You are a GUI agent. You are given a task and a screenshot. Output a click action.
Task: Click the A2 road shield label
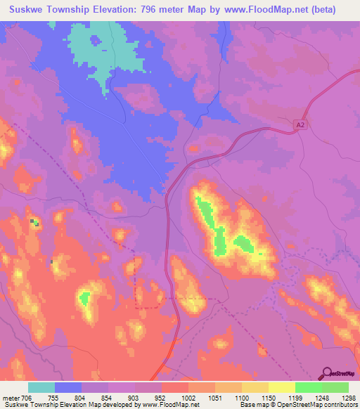click(301, 124)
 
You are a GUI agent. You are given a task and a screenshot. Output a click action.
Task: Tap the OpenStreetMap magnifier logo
click(328, 373)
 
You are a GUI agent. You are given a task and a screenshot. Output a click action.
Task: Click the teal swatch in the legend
click(41, 387)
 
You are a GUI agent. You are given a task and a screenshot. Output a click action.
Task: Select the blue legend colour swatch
click(68, 387)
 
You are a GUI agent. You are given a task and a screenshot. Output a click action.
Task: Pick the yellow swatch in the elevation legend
click(282, 387)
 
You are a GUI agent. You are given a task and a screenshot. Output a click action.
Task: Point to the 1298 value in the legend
click(349, 398)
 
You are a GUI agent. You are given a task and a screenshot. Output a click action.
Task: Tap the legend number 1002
click(188, 398)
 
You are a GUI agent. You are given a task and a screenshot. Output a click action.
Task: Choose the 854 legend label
click(108, 398)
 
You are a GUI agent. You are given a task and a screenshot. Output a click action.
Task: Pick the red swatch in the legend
click(175, 387)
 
